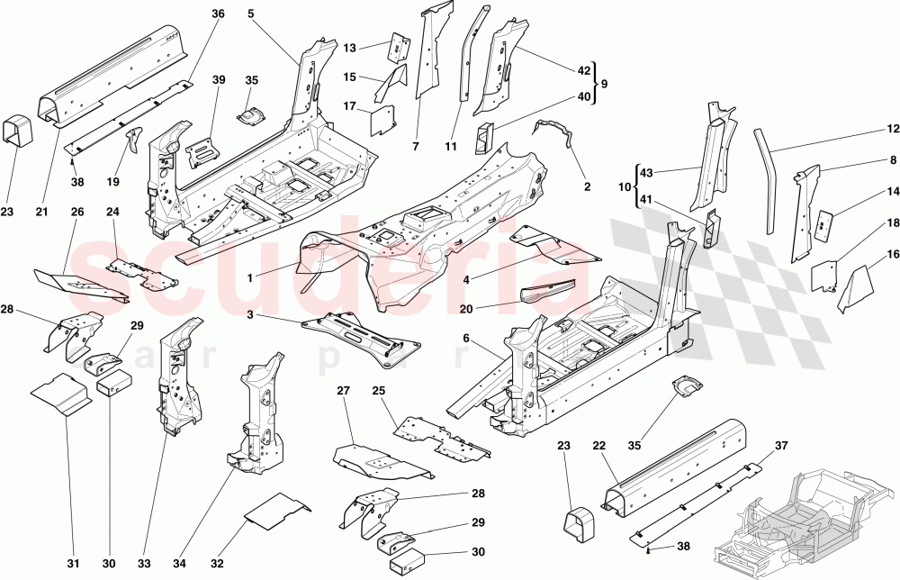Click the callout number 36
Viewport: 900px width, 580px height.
point(217,14)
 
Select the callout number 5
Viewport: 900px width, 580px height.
point(250,14)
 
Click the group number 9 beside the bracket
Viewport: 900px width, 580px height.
point(605,83)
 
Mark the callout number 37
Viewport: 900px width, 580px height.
point(780,446)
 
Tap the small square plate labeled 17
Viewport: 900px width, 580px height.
point(385,120)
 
